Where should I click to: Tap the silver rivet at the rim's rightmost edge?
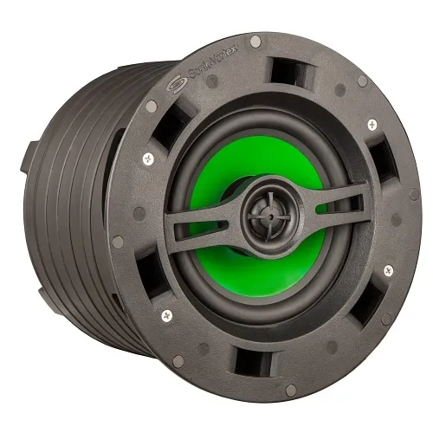(x=415, y=195)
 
